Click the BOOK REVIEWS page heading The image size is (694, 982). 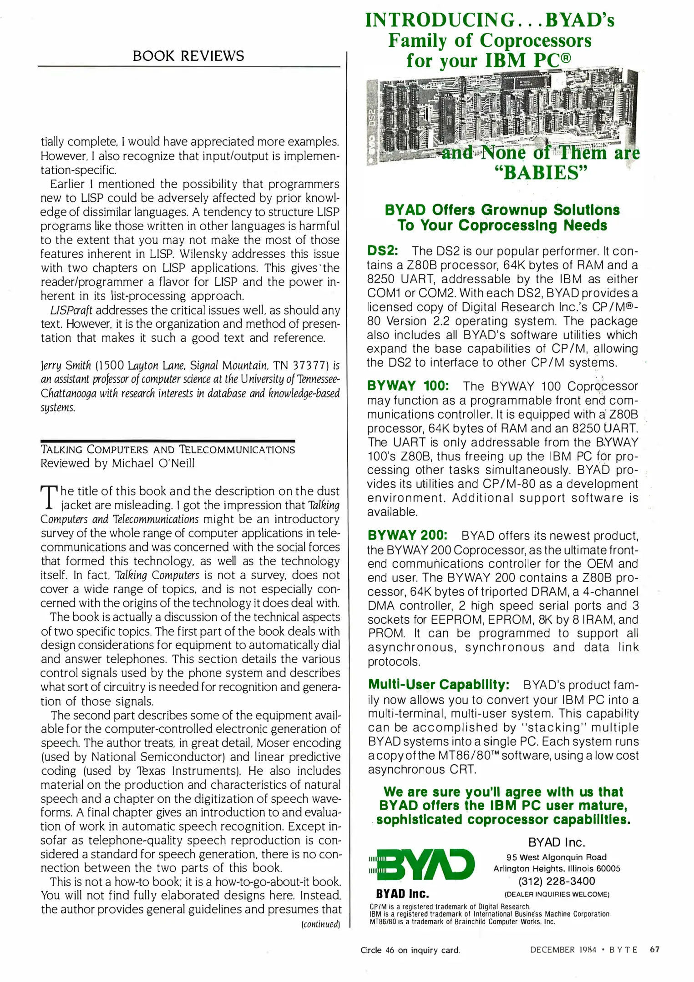(188, 56)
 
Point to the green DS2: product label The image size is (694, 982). (382, 251)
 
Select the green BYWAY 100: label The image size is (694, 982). (408, 386)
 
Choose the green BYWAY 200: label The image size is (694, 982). (407, 535)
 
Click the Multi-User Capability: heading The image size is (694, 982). (439, 684)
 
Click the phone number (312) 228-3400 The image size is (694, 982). (557, 881)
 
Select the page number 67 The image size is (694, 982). (654, 949)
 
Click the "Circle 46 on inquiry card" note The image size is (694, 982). (410, 950)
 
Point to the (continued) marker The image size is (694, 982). (320, 924)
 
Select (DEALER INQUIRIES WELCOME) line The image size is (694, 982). (557, 894)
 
